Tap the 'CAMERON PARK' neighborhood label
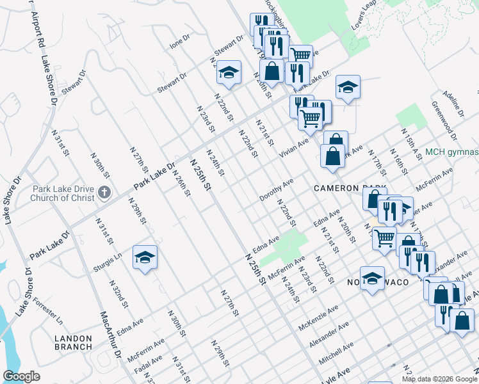tap(350, 188)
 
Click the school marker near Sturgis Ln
tap(145, 258)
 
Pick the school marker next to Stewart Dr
tap(229, 73)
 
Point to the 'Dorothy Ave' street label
tap(277, 190)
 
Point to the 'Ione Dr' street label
tap(180, 42)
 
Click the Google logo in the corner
tap(21, 376)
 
